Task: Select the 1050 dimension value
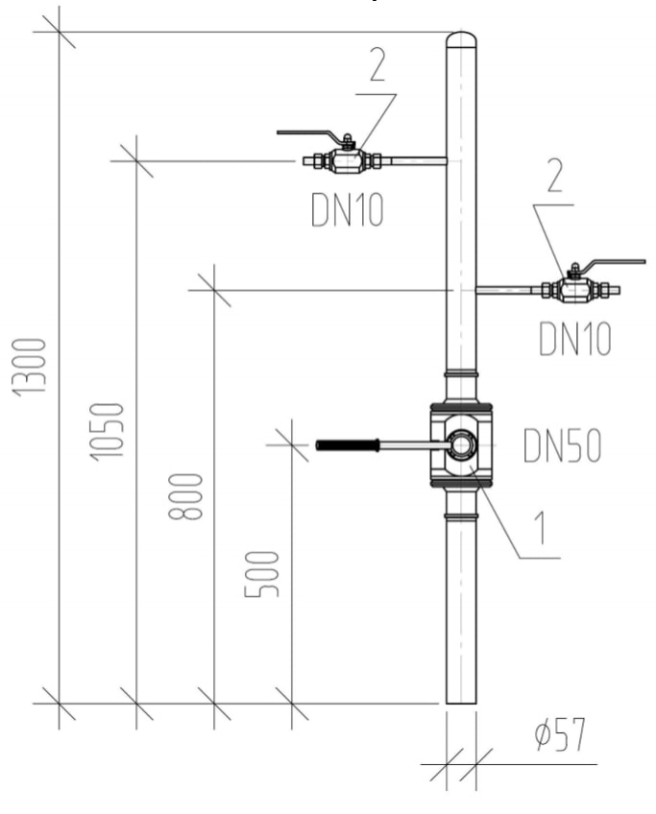(x=111, y=431)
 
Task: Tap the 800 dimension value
(x=190, y=495)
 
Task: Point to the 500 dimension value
(x=266, y=574)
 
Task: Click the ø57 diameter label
(x=560, y=737)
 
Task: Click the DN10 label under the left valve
(x=347, y=211)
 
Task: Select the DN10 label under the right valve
(x=574, y=340)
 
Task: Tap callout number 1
(x=545, y=527)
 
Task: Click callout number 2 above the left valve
(x=376, y=65)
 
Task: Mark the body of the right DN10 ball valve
(x=574, y=288)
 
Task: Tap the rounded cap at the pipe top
(x=462, y=39)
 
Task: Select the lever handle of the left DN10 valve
(x=309, y=134)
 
